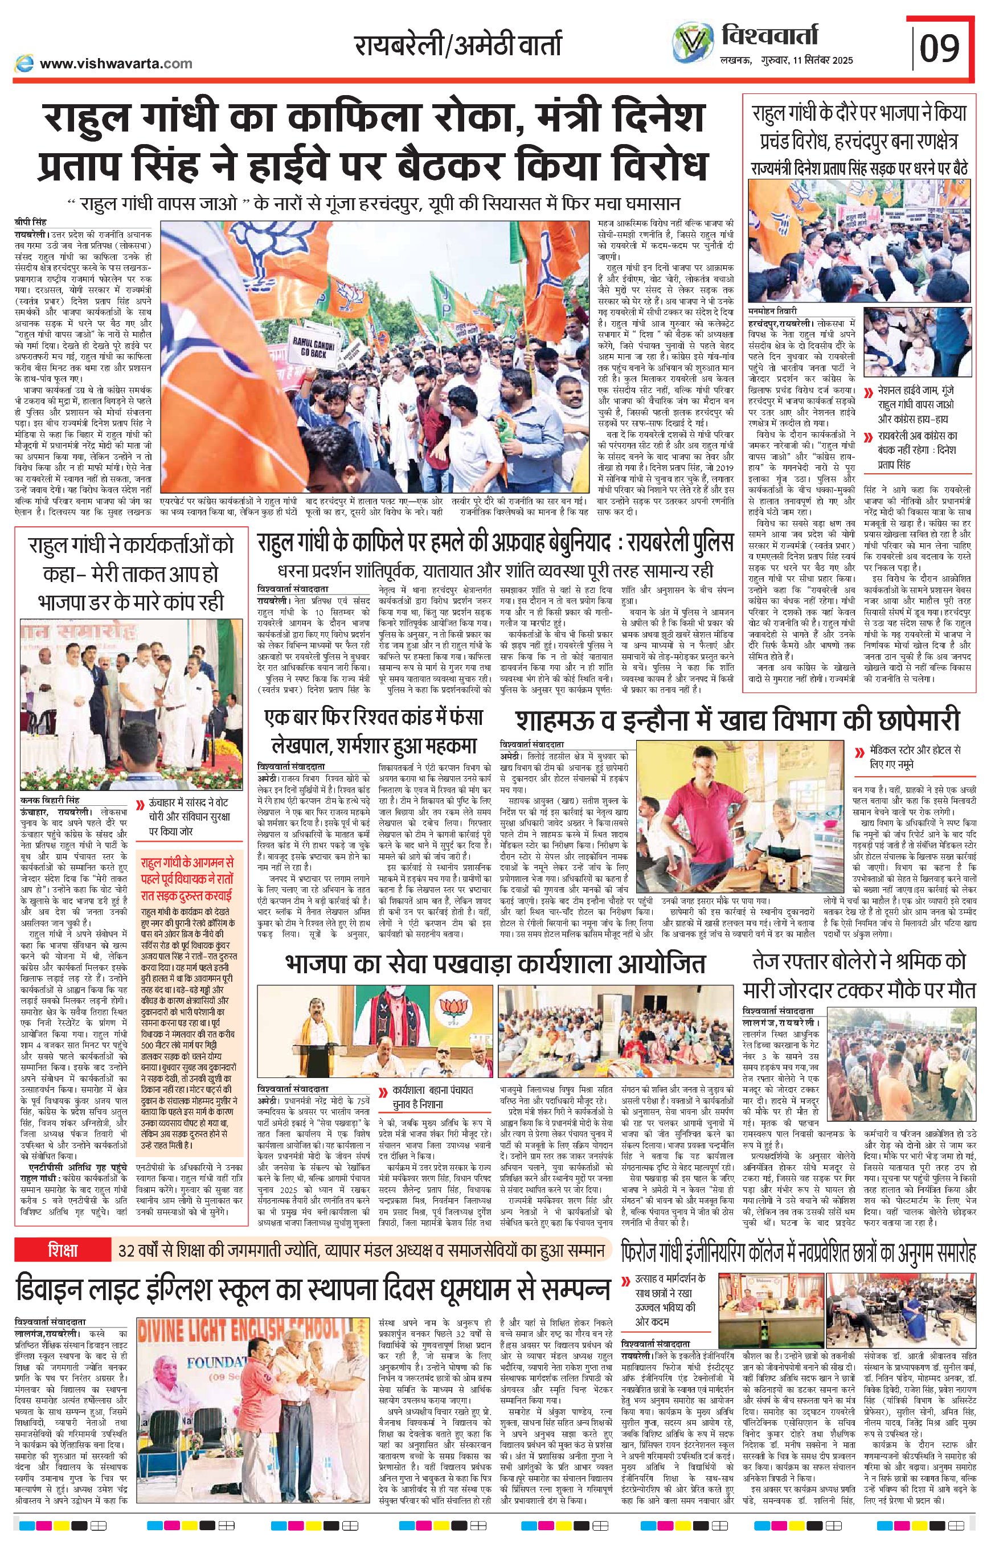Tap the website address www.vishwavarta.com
(116, 63)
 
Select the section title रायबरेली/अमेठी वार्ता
(457, 46)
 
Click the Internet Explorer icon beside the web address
(24, 63)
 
